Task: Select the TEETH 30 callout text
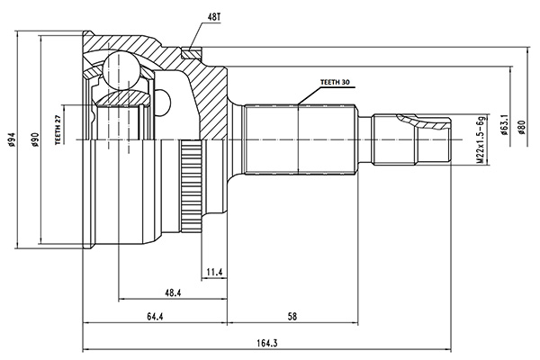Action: (335, 82)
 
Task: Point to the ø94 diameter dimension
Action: (12, 139)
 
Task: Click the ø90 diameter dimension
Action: (35, 139)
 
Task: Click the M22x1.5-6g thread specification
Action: (481, 139)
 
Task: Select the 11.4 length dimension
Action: (214, 273)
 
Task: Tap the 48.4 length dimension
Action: (173, 292)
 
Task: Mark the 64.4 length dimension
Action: (155, 317)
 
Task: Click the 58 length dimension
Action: (292, 317)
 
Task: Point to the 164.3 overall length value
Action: (267, 343)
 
